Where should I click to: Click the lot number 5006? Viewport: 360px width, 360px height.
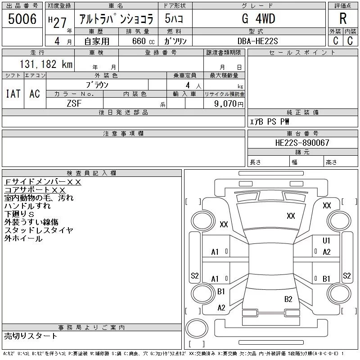[x=22, y=18]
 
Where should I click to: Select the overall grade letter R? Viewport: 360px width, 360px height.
[x=343, y=19]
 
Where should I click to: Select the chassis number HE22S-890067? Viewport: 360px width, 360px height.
[x=302, y=143]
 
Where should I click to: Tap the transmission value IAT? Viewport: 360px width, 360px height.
[x=13, y=94]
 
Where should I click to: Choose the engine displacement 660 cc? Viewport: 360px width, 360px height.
[x=137, y=41]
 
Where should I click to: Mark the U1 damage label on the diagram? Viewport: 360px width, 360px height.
[x=327, y=241]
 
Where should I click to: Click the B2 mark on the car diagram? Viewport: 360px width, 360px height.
[x=288, y=299]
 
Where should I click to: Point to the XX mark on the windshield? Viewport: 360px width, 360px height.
[x=291, y=216]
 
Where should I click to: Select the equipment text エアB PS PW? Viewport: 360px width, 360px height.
[x=270, y=121]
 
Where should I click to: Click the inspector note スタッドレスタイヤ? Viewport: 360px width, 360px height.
[x=39, y=230]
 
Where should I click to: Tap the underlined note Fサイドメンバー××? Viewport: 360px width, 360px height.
[x=43, y=181]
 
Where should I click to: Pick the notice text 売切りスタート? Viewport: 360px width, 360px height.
[x=31, y=336]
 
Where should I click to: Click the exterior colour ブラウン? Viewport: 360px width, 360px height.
[x=97, y=85]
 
